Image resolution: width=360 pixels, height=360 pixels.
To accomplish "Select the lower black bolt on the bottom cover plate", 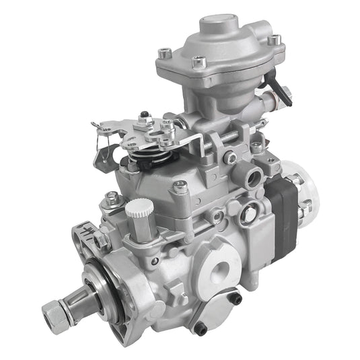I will (201, 327).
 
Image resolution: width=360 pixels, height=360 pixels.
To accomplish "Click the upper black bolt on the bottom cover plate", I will (236, 298).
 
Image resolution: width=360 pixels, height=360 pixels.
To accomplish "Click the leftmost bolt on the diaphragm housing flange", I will (164, 52).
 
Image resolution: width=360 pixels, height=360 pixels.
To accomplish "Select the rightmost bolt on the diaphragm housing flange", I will (273, 40).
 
